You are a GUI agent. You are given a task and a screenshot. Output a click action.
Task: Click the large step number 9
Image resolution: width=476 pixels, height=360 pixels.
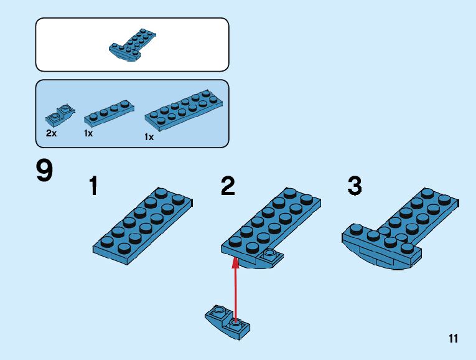tap(44, 171)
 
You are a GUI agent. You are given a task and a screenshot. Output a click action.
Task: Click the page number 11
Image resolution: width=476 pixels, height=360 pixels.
tap(452, 339)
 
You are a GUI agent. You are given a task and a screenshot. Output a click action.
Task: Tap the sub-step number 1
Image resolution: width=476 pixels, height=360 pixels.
tap(93, 186)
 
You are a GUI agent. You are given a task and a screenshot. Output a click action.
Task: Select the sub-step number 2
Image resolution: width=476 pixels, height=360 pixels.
tap(228, 186)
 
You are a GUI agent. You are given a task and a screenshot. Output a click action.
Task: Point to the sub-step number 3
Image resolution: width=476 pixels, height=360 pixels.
tap(355, 186)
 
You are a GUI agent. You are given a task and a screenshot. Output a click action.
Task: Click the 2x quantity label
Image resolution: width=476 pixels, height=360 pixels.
tap(51, 133)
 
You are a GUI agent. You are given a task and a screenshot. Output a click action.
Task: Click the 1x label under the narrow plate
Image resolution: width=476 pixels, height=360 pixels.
tap(88, 133)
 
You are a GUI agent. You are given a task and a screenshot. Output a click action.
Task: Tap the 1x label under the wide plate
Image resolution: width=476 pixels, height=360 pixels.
tap(149, 137)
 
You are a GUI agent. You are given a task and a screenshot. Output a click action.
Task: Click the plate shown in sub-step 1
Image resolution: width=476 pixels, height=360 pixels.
tap(143, 224)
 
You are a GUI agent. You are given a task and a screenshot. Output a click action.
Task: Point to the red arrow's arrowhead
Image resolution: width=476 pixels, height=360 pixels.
tap(235, 263)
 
